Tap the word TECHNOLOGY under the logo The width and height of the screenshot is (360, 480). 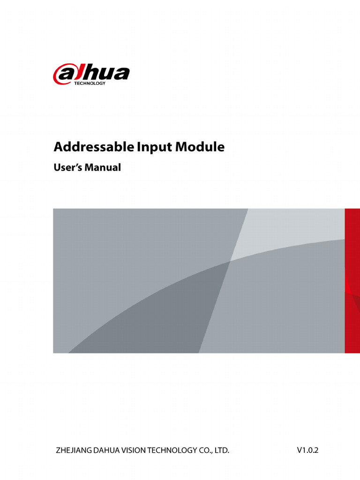[90, 83]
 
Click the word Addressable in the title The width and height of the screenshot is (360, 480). [94, 147]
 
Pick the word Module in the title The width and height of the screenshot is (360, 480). [200, 147]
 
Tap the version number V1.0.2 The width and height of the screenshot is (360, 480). [307, 450]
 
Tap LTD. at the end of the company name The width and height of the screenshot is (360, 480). [222, 451]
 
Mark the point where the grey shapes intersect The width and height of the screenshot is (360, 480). [230, 261]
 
